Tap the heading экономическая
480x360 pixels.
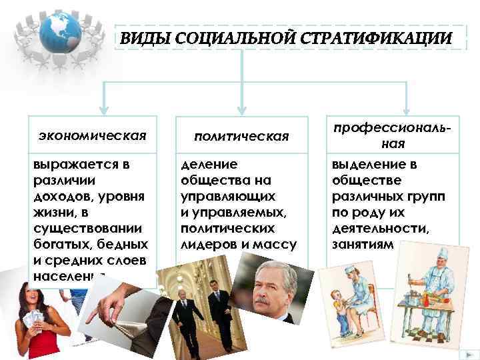(x=91, y=136)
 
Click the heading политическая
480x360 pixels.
(x=241, y=136)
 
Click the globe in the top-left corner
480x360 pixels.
(x=61, y=33)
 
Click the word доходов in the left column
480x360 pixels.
(x=56, y=197)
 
